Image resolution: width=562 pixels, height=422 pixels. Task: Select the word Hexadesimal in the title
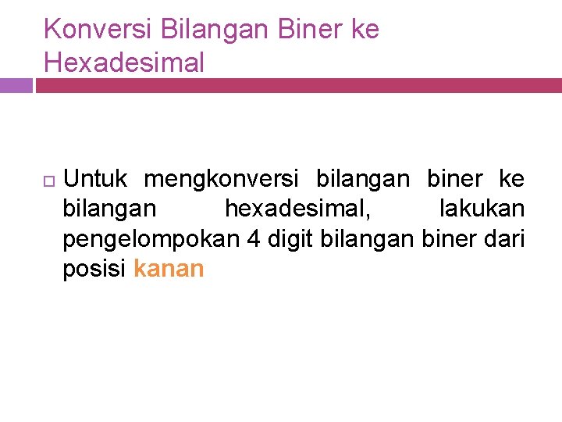124,62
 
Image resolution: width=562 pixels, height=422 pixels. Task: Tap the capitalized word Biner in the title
301,30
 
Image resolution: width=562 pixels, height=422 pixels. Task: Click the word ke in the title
363,30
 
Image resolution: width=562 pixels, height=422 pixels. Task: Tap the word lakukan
482,209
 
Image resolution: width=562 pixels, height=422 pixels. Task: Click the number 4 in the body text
253,239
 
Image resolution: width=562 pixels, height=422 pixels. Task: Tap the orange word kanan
169,270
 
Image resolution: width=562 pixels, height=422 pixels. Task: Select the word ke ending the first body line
511,180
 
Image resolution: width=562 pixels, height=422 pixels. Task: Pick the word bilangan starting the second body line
109,209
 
